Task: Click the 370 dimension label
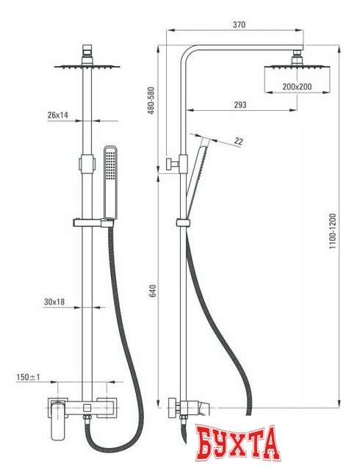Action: point(239,24)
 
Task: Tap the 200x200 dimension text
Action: point(297,87)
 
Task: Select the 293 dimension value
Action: point(240,105)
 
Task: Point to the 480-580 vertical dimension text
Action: point(151,101)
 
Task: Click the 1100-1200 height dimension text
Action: point(333,231)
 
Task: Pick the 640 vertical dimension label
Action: point(152,291)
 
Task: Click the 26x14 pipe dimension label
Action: point(57,115)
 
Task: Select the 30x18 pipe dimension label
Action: point(54,302)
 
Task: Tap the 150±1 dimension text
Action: point(28,377)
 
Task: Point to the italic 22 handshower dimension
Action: point(239,141)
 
